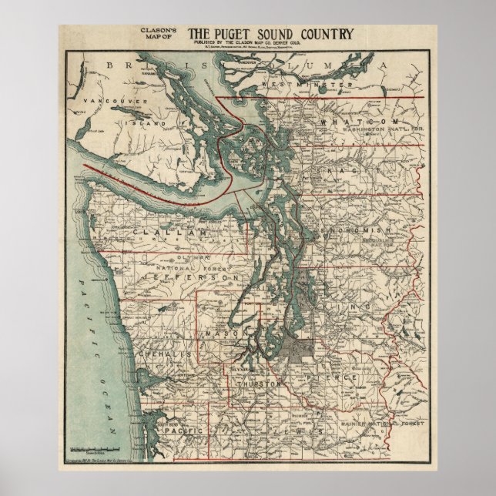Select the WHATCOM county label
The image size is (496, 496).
click(x=362, y=122)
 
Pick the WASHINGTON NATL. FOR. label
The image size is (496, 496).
click(x=373, y=132)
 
